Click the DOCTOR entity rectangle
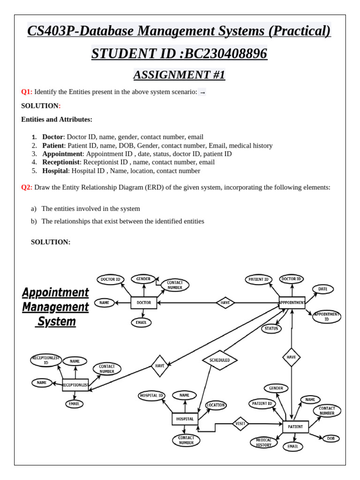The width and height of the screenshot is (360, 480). [x=143, y=303]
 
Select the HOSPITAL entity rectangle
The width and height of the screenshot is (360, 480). [x=185, y=419]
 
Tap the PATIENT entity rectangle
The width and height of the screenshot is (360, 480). [x=295, y=427]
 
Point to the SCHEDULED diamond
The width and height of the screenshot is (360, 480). [x=219, y=360]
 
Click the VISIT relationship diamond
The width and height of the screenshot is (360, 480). [x=240, y=424]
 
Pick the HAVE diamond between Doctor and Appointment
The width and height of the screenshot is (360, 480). [x=225, y=303]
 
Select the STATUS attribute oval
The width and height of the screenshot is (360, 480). [x=271, y=329]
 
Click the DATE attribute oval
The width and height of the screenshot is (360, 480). [x=323, y=289]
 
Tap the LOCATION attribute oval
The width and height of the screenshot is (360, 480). [x=216, y=405]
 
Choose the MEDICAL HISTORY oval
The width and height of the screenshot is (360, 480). [x=263, y=442]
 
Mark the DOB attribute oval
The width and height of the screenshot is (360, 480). [x=331, y=438]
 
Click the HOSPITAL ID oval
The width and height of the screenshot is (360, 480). [x=151, y=396]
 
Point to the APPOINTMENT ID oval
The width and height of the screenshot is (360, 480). [x=327, y=316]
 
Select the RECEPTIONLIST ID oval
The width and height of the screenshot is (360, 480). [x=46, y=360]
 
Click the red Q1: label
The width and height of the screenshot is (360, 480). [x=27, y=92]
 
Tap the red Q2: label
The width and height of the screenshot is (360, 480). [x=27, y=187]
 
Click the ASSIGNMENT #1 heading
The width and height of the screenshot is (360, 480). [x=180, y=75]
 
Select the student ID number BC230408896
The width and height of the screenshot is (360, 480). [x=226, y=54]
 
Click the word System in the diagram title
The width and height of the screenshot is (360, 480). [x=56, y=322]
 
